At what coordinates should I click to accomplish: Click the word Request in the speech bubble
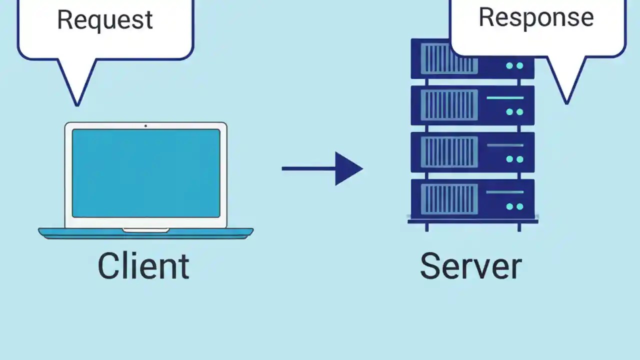coord(104,20)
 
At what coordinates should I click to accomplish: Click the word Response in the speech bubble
coord(536,17)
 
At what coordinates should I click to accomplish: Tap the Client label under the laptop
coord(143,266)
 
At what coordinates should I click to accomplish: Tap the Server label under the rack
coord(470,266)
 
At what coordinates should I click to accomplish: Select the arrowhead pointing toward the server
coord(347,168)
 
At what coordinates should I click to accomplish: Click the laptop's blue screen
coord(145,173)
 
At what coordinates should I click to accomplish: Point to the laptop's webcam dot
coord(145,125)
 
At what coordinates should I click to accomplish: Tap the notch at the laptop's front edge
coord(145,230)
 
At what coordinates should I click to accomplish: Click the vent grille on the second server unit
coord(449,105)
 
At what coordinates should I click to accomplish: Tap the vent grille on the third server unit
coord(449,152)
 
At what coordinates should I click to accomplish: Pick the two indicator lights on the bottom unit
coord(514,206)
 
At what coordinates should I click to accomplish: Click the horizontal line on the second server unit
coord(504,98)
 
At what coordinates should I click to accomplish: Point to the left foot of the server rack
coord(426,226)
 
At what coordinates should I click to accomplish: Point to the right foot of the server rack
coord(519,226)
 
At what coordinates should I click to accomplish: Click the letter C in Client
coord(108,266)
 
